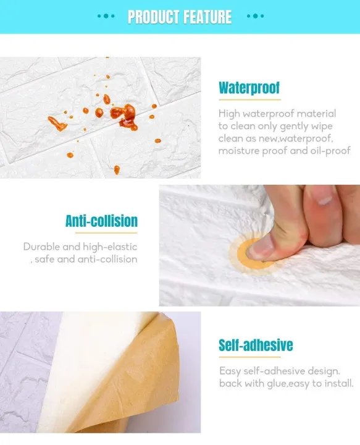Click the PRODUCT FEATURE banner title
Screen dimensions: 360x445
tap(180, 17)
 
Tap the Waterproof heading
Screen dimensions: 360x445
tap(249, 88)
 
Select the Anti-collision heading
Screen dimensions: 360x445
tap(101, 221)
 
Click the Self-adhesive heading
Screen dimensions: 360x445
tap(256, 345)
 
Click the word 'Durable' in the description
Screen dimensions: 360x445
tap(41, 247)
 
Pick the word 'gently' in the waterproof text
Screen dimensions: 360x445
tap(294, 127)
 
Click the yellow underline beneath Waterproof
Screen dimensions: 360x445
tap(249, 100)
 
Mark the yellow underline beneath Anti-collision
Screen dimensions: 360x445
tap(106, 233)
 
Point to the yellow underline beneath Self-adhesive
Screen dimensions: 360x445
tap(249, 357)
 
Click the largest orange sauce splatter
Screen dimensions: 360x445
tap(125, 116)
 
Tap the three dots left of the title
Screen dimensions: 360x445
tap(106, 16)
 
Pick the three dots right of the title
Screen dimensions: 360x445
tap(256, 16)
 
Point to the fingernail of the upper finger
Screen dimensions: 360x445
tap(325, 201)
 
